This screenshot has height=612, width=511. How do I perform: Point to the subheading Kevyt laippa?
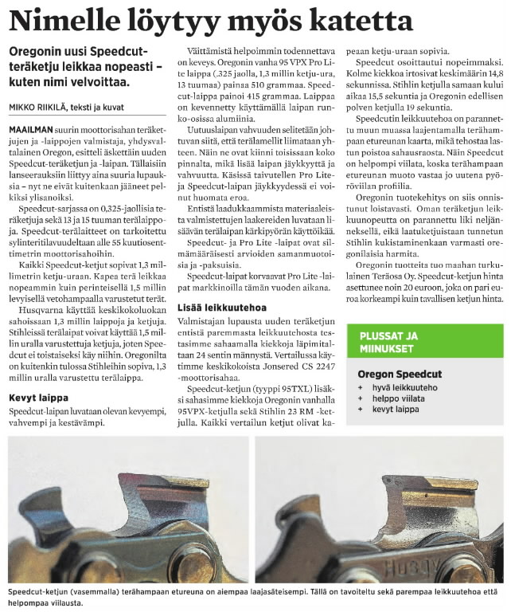(x=38, y=396)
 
